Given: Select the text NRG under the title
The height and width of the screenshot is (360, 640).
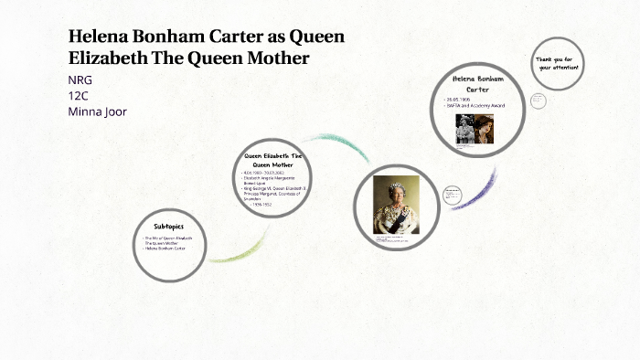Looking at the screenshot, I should (80, 79).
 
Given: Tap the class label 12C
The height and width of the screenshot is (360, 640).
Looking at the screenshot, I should (79, 95).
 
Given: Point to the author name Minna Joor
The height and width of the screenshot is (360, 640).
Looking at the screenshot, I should (97, 111).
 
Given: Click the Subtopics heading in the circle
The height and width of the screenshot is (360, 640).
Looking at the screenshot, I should (168, 225).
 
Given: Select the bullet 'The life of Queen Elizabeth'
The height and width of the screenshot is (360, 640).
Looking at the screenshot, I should (169, 238).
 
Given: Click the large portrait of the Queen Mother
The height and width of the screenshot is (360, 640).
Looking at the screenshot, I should (395, 205).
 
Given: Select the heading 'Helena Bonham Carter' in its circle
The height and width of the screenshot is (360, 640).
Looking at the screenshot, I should (478, 84).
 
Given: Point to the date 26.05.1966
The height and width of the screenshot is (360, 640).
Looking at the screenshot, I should (459, 99).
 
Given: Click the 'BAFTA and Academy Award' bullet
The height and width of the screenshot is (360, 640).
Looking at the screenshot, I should (475, 106).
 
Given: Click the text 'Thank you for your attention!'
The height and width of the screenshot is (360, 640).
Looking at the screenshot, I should (558, 63).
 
